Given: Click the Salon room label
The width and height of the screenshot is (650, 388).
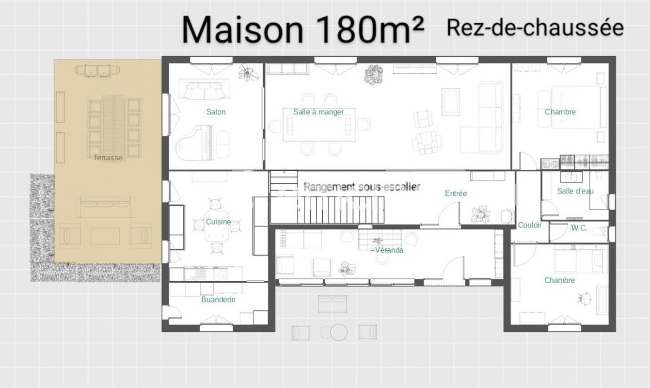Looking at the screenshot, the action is [x=216, y=112].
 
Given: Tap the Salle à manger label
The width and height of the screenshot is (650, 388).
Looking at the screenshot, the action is [x=318, y=112].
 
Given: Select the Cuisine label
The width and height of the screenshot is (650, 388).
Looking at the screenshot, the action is [x=218, y=222].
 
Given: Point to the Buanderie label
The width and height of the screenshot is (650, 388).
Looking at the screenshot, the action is [x=218, y=299].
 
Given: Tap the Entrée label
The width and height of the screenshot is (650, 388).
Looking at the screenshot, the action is [x=456, y=194].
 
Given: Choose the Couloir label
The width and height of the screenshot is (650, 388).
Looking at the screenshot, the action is [x=530, y=225].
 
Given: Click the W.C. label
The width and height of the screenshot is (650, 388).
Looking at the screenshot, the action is [x=579, y=228].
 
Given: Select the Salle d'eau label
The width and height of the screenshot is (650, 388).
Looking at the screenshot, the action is [x=575, y=191].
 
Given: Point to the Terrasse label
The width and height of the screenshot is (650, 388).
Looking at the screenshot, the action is [x=108, y=158].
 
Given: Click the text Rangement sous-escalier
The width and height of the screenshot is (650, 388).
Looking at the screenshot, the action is [x=362, y=187].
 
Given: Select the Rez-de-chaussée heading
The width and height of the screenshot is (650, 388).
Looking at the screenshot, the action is [x=535, y=28].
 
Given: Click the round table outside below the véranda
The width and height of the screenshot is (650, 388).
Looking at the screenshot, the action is [x=339, y=332].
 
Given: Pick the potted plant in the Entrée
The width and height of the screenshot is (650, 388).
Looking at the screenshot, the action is [x=480, y=214].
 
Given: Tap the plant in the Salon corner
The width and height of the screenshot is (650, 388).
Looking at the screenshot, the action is [x=248, y=73].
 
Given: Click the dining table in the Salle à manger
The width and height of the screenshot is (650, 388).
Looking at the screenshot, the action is [x=319, y=125].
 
